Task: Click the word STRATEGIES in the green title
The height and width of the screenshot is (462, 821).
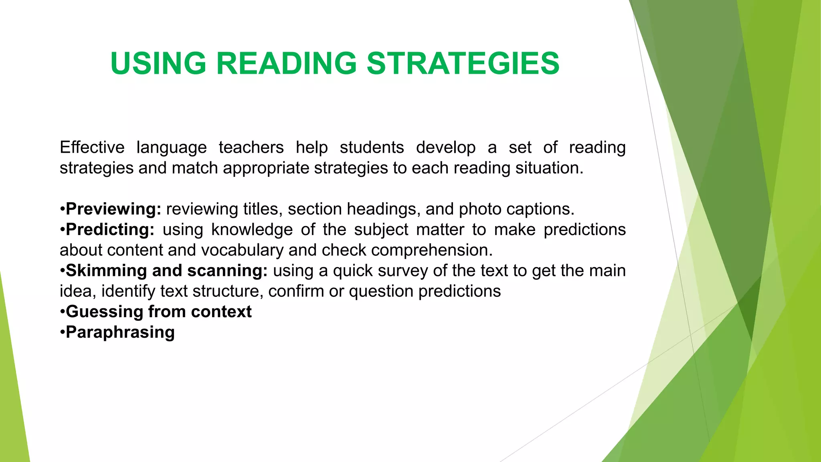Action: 463,63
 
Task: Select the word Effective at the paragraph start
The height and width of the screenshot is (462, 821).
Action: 92,148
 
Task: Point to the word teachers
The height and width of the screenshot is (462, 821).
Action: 251,148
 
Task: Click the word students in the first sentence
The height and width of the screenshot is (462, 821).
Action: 372,148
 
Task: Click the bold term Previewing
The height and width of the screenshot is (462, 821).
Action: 113,209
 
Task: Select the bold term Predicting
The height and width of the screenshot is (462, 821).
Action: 110,230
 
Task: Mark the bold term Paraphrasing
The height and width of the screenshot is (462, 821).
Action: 120,332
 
